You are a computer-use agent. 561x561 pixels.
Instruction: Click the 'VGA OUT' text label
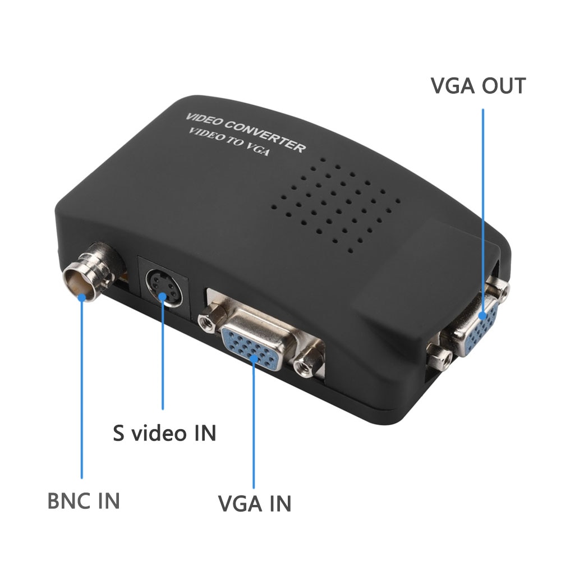pos(478,86)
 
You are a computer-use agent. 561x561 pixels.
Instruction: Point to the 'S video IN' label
pos(164,433)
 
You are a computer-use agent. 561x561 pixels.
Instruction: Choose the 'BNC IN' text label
pos(84,500)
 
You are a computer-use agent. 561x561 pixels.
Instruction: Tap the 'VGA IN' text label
pos(255,503)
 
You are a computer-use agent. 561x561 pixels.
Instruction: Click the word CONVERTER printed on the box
pos(265,136)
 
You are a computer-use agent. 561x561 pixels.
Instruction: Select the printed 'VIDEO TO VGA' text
pos(228,142)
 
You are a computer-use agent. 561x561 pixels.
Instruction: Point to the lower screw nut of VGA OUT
pos(440,358)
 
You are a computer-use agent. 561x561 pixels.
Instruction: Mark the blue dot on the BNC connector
pos(82,297)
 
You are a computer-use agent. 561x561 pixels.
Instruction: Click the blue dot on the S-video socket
pos(163,297)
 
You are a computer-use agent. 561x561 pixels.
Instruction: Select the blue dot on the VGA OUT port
pos(482,315)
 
